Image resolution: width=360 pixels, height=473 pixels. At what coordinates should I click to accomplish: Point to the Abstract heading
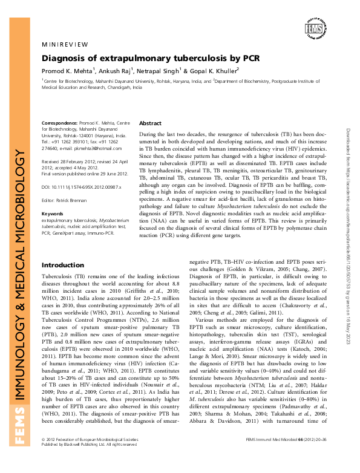151,123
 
